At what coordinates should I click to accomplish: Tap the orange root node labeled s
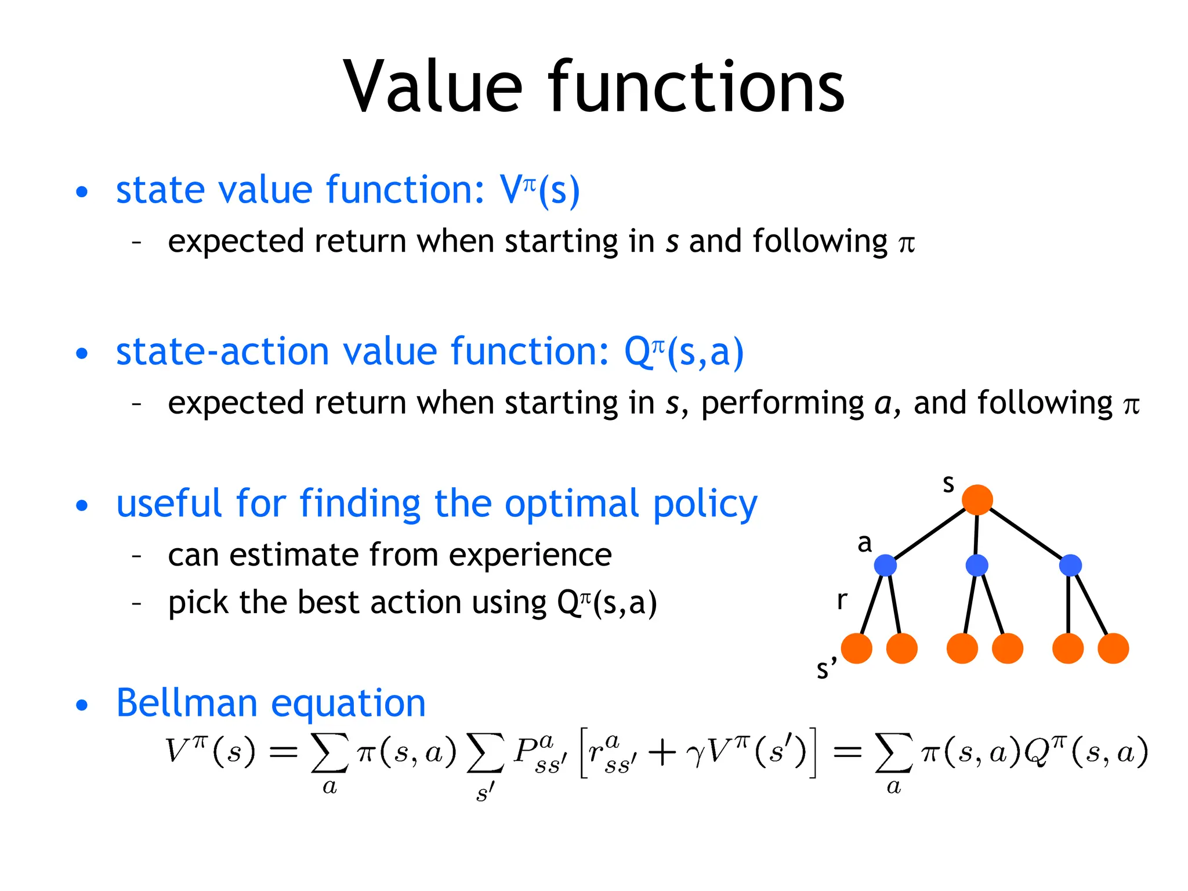(x=977, y=500)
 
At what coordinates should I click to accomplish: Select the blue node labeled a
(x=885, y=565)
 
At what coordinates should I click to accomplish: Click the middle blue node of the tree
(x=977, y=565)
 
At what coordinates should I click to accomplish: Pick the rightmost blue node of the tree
(x=1070, y=565)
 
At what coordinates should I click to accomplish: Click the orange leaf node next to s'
(x=856, y=648)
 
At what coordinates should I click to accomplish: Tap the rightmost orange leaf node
(x=1113, y=648)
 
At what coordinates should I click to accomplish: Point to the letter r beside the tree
(x=842, y=600)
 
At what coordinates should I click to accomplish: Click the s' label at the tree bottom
(x=826, y=668)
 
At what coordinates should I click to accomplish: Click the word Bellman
(x=186, y=703)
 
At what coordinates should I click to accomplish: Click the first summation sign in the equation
(x=330, y=752)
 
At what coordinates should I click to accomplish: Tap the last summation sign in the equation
(x=893, y=752)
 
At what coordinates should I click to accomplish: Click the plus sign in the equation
(x=662, y=753)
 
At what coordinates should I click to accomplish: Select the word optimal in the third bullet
(x=572, y=504)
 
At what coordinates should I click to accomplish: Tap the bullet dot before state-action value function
(x=82, y=353)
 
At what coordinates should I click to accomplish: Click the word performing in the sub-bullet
(x=783, y=403)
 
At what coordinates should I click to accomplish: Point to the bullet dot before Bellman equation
(x=82, y=705)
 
